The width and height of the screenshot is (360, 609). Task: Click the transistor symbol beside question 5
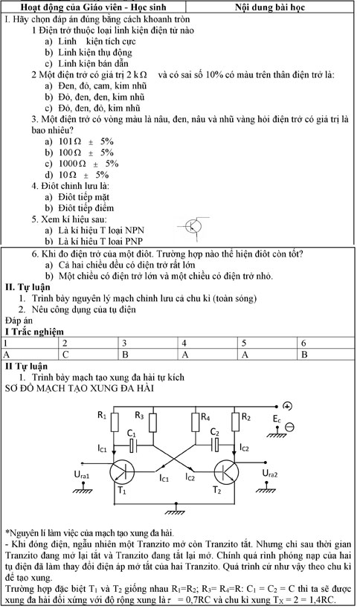[193, 225]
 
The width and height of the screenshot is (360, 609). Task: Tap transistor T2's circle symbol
[225, 471]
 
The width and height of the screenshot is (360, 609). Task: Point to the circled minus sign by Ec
[290, 426]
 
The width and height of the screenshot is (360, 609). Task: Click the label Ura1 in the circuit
[80, 474]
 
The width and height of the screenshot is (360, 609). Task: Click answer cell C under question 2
[89, 355]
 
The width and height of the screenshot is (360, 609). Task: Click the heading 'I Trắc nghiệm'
[34, 332]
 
